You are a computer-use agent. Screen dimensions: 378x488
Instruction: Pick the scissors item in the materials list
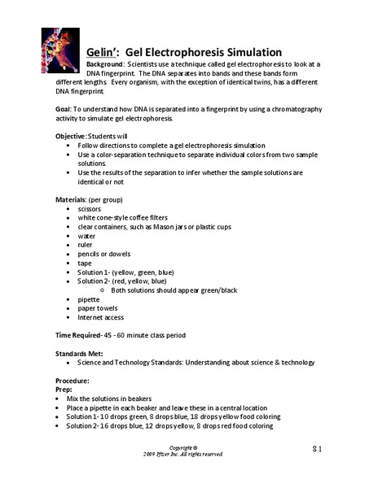point(89,208)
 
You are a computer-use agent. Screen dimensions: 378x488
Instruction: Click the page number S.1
point(320,449)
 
